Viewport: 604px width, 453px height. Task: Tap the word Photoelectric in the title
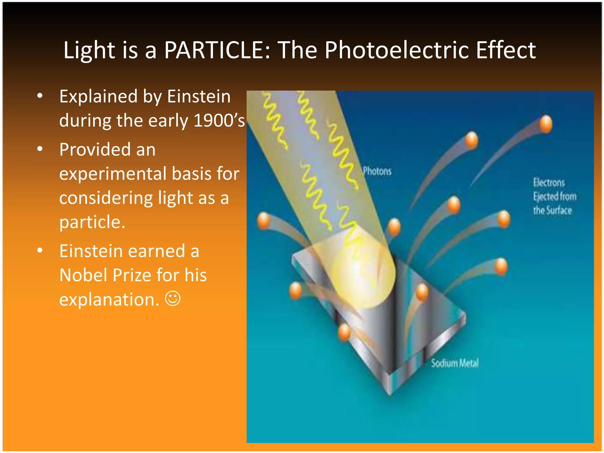397,50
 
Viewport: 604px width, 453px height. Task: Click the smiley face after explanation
173,299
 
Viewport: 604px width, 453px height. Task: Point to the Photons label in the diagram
377,171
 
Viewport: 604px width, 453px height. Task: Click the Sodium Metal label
455,363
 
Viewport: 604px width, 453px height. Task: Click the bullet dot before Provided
40,149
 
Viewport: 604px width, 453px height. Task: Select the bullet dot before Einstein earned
40,251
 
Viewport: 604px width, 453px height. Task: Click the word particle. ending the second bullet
92,222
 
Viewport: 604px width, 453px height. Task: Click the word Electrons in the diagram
549,183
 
